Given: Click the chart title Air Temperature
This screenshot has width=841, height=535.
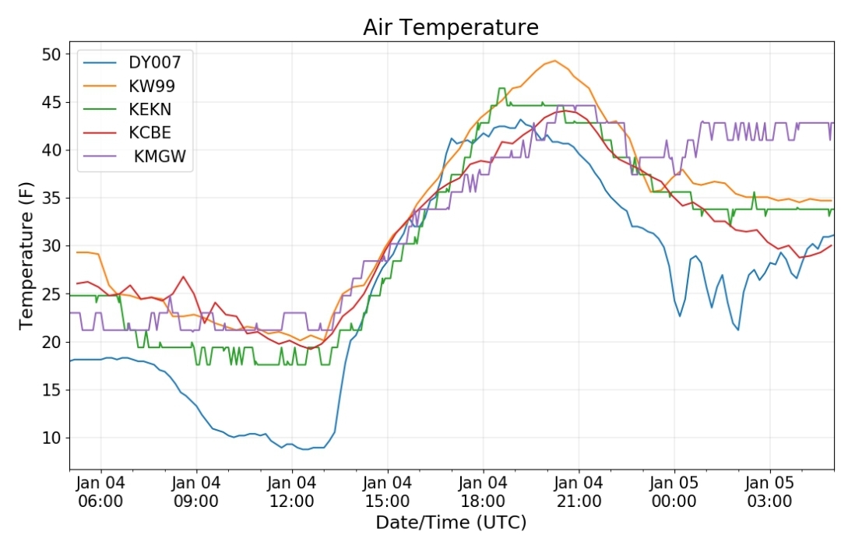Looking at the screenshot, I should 451,27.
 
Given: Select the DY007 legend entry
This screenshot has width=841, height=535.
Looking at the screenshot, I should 160,62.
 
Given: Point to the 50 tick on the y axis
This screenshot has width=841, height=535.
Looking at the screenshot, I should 51,55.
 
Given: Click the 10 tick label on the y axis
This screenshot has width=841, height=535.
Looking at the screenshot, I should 51,438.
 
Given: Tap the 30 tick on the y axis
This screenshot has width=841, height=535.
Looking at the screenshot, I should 51,246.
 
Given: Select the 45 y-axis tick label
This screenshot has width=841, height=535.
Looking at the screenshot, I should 51,102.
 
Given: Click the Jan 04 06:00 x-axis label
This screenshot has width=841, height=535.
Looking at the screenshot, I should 100,491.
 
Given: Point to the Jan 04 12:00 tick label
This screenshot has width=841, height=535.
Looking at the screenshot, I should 292,491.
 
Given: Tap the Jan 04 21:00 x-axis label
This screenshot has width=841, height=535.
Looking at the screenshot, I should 579,491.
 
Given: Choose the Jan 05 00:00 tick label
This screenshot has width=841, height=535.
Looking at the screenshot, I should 674,491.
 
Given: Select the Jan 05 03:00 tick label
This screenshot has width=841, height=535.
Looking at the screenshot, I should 770,491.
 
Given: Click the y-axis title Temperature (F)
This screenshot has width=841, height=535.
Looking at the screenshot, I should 26,255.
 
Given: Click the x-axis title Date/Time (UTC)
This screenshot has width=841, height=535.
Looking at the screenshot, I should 451,522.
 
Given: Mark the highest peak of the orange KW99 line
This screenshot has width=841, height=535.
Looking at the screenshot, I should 554,61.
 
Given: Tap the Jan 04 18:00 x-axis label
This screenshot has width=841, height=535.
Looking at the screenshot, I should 483,491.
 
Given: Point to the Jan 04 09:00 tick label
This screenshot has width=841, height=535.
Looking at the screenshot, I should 196,491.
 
